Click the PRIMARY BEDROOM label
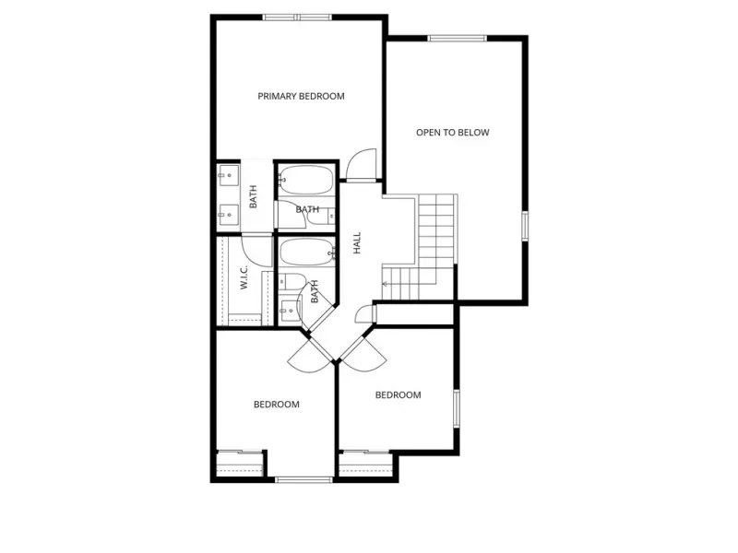tap(301, 97)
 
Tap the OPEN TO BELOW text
tap(452, 133)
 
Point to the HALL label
tap(357, 242)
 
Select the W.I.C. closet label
tap(244, 277)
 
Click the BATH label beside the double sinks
tap(253, 196)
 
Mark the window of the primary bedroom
tap(297, 18)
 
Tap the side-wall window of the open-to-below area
tap(525, 226)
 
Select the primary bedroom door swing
tap(362, 164)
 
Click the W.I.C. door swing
tap(256, 251)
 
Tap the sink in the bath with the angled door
tap(288, 311)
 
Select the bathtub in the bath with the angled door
tap(307, 253)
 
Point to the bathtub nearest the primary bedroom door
tap(306, 179)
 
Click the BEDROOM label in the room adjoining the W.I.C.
tap(276, 405)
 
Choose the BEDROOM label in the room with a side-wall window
tap(398, 395)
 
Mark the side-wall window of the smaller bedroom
tap(457, 408)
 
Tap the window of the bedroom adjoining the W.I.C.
tap(304, 479)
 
